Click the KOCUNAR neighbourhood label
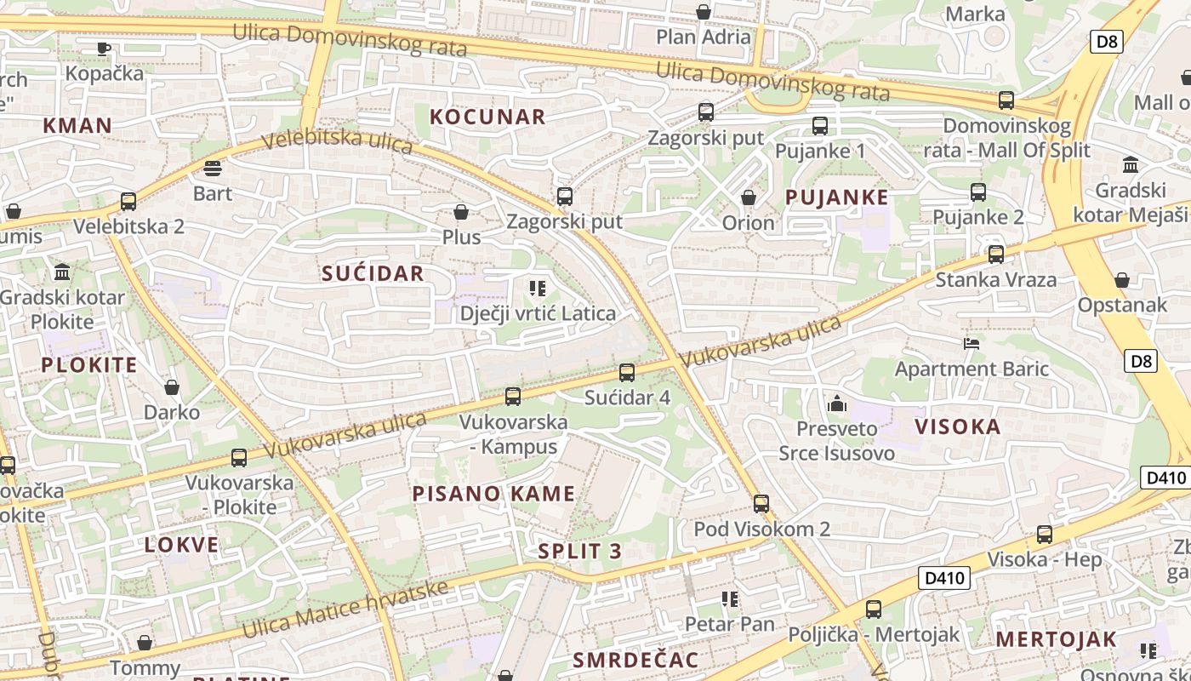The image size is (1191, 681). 487,117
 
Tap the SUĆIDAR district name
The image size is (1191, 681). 373,273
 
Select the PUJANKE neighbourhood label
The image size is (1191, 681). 836,197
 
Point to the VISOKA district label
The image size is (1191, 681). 957,426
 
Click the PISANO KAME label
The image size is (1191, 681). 493,494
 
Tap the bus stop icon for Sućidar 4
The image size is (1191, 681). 627,372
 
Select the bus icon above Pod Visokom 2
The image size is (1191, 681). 761,503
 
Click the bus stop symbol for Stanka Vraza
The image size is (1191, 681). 995,254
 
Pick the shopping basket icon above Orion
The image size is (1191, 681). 749,197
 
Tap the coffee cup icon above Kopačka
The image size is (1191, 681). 104,49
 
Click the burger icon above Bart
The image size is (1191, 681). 213,168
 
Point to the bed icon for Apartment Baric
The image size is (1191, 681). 972,343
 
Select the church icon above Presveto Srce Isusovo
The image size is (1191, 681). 837,403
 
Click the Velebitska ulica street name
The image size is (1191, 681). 337,141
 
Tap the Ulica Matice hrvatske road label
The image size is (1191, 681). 345,609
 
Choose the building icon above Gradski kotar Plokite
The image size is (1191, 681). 62,272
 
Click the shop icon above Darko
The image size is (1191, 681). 172,387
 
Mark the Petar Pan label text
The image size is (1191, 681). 730,624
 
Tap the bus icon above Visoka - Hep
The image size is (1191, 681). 1044,535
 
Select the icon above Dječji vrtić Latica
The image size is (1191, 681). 537,289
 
